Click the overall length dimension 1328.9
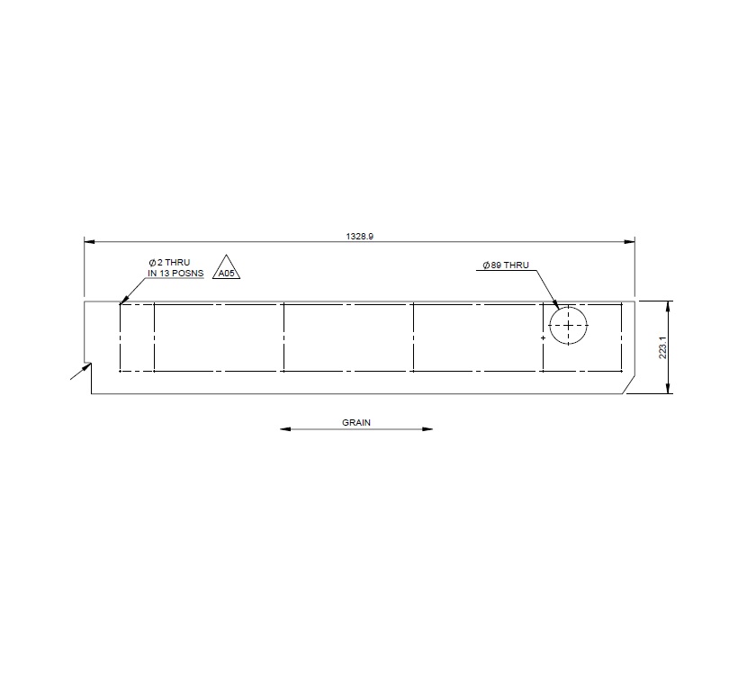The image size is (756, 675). tap(359, 236)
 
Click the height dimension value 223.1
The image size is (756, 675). tap(661, 347)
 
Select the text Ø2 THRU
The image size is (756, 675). tap(169, 262)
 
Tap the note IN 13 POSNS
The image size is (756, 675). tap(175, 273)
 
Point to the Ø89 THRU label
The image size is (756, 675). tap(506, 265)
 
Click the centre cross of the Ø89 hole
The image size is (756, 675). tap(568, 324)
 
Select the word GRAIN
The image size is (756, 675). tap(356, 421)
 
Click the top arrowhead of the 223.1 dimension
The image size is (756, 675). tap(668, 304)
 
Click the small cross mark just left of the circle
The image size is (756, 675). tap(543, 337)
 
